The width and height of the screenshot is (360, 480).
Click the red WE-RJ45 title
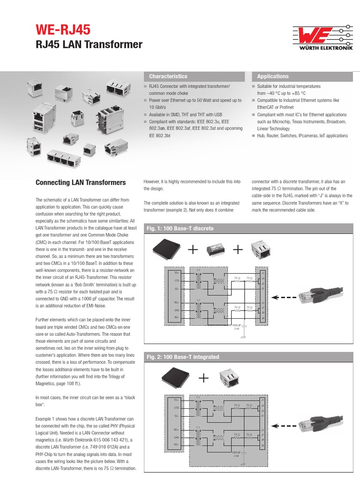click(x=63, y=30)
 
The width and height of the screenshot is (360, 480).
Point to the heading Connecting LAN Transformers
click(x=81, y=182)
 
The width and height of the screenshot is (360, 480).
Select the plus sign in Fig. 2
click(x=203, y=378)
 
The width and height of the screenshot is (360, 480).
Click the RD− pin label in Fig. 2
click(x=177, y=444)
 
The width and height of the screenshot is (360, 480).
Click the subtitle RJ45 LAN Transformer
click(x=89, y=45)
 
